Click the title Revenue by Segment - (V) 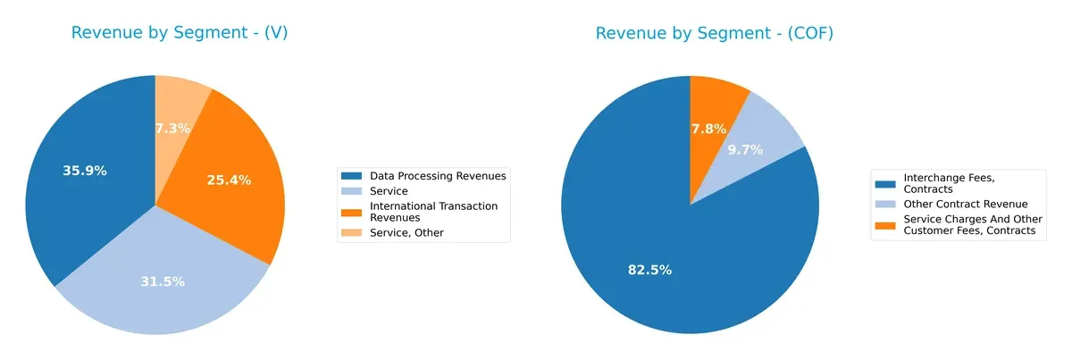point(180,34)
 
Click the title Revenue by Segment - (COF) point(714,34)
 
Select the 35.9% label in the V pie point(85,171)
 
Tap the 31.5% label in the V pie point(163,281)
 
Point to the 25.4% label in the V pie point(229,180)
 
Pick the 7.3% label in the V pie point(172,128)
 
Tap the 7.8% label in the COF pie point(708,129)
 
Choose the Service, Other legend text point(406,232)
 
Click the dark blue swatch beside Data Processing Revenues point(351,176)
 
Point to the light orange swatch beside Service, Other point(351,232)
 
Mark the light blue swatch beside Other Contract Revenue point(885,204)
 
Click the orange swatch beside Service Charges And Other point(885,220)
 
